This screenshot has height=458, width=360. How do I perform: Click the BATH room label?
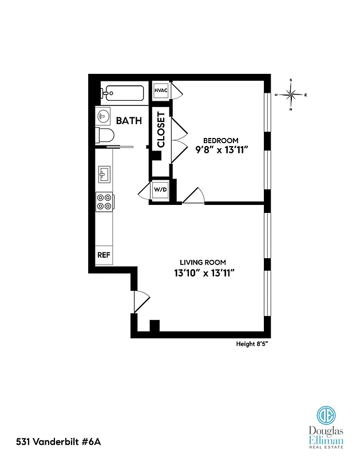(x=129, y=121)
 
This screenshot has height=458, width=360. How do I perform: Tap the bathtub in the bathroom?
(x=122, y=93)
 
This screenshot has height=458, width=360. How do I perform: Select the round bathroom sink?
(x=103, y=116)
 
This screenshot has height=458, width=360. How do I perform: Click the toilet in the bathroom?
(x=105, y=135)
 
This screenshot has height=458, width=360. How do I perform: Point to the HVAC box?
(x=160, y=90)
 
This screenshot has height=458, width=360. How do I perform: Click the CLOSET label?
(x=161, y=129)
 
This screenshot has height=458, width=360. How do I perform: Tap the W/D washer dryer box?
(x=159, y=190)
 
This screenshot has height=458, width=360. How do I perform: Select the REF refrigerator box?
(x=104, y=255)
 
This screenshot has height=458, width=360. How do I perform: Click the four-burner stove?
(x=104, y=202)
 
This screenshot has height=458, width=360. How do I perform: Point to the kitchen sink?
(x=104, y=172)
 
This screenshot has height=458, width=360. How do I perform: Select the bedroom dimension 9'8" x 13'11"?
(x=220, y=152)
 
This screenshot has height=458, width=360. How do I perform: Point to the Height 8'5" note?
(x=252, y=344)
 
